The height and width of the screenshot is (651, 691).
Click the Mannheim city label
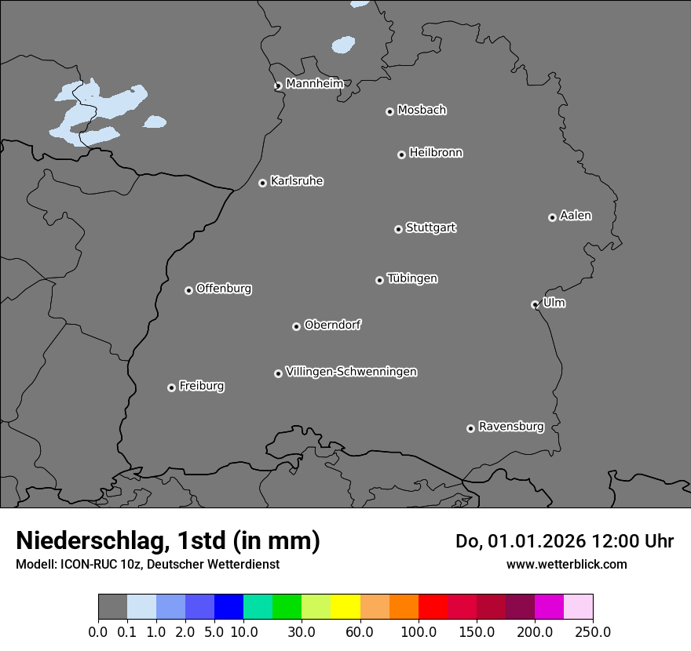point(314,84)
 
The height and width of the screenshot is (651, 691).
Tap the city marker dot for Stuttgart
point(398,229)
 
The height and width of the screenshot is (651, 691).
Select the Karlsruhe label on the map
point(297,181)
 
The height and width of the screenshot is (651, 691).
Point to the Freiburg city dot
point(171,387)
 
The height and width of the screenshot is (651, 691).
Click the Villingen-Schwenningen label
point(351,372)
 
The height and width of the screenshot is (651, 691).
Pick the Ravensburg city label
point(511,427)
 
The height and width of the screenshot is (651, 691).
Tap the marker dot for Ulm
point(535,304)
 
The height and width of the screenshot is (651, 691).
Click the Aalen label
point(576,216)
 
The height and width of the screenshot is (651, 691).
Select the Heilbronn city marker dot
point(401,155)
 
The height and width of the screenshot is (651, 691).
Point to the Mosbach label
point(422,111)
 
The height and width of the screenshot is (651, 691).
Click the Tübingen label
point(412,278)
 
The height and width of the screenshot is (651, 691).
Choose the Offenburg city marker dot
point(188,290)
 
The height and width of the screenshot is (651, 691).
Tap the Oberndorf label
point(333,325)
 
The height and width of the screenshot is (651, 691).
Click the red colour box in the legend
point(433,607)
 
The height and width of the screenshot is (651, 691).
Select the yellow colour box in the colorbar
point(345,607)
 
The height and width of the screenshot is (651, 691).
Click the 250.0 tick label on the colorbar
point(593,631)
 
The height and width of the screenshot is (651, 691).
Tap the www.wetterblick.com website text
point(567,564)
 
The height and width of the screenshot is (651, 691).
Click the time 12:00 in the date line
point(620,541)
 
